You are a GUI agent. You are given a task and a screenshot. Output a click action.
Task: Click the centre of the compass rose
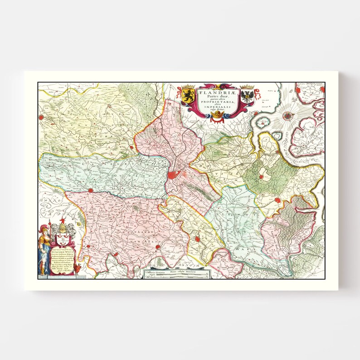click(x=287, y=115)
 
